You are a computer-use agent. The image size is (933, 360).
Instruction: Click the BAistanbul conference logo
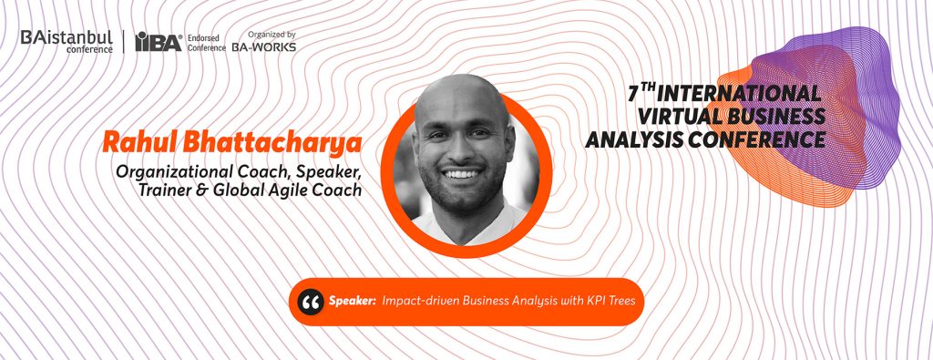(x=67, y=41)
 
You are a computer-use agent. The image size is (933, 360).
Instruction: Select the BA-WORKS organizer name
(x=263, y=46)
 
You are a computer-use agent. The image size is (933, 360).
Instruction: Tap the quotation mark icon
(x=311, y=302)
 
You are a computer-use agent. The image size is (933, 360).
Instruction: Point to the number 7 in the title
(x=634, y=95)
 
